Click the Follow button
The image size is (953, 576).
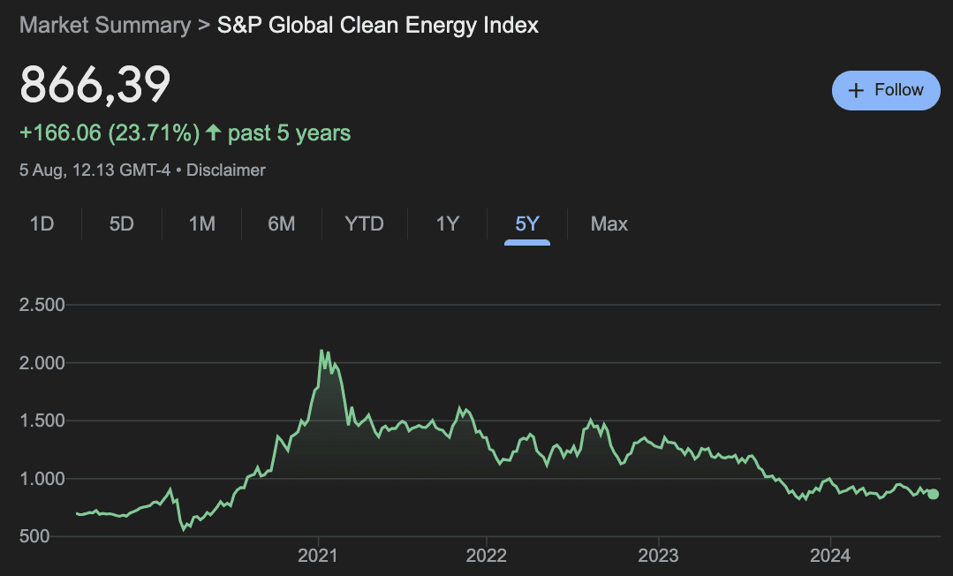(x=886, y=90)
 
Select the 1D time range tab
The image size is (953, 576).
(x=42, y=224)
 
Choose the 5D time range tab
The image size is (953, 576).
(x=121, y=224)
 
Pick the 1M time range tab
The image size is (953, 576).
(x=201, y=224)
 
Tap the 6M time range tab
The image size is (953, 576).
(x=281, y=224)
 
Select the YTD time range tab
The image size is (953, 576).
(x=364, y=224)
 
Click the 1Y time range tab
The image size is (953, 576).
(x=448, y=224)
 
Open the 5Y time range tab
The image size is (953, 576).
(x=527, y=224)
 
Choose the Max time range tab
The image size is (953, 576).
(x=609, y=224)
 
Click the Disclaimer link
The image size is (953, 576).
(x=226, y=170)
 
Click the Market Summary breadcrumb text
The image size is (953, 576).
(x=104, y=25)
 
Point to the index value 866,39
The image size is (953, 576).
(x=95, y=86)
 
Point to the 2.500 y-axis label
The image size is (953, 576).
(x=42, y=306)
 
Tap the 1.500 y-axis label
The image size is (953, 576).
(x=42, y=421)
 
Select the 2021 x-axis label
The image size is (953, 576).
(x=318, y=556)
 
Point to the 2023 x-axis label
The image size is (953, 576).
(x=658, y=556)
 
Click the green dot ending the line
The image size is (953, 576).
(x=934, y=494)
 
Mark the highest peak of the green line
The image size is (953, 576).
(x=321, y=351)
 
